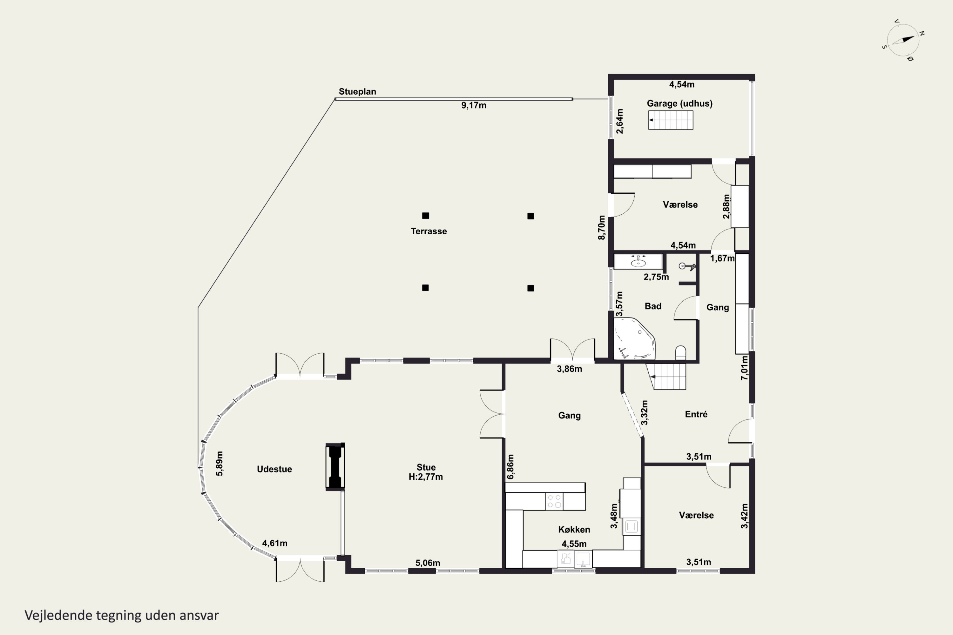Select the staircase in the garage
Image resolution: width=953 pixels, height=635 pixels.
[x=671, y=120]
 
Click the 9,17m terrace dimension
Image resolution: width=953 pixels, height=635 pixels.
[x=474, y=105]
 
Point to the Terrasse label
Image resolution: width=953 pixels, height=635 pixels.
[x=429, y=231]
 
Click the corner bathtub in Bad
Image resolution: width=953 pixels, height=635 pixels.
[x=634, y=338]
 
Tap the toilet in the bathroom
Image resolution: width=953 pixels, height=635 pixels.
[x=681, y=353]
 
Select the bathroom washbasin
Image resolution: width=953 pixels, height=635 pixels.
[x=638, y=262]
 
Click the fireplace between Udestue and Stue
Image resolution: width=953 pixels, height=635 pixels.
[x=335, y=466]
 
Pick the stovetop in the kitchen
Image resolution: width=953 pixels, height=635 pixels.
[x=554, y=501]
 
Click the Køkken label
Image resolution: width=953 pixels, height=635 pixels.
[x=574, y=529]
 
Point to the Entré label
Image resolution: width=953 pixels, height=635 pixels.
[x=696, y=414]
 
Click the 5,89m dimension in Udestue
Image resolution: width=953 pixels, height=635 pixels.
[x=219, y=464]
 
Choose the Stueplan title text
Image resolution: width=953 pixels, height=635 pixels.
[x=357, y=91]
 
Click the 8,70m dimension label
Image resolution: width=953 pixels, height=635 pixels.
[x=602, y=228]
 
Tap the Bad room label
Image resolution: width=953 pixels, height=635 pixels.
[x=653, y=306]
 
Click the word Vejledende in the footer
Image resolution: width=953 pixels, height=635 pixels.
[x=58, y=616]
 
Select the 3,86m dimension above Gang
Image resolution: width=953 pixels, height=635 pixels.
[x=569, y=369]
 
